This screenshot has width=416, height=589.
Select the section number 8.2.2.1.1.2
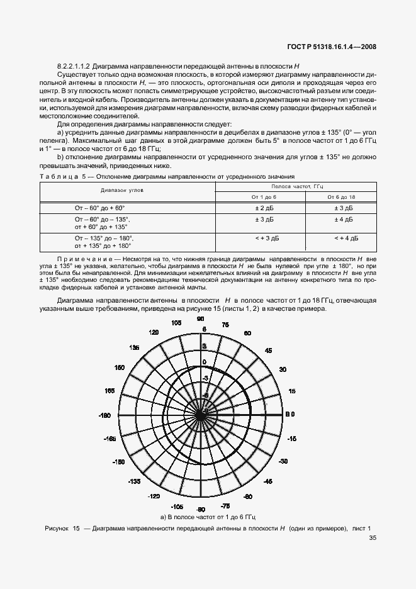click(77, 65)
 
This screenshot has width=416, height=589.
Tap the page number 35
click(373, 537)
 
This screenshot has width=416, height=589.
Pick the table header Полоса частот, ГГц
click(296, 187)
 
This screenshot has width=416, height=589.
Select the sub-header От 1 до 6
click(260, 197)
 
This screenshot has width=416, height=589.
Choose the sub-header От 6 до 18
click(340, 197)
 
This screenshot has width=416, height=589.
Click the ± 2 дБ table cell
click(260, 207)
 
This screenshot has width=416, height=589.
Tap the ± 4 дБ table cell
click(340, 220)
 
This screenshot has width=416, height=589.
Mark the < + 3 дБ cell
click(260, 238)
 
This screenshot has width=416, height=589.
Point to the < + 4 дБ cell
click(340, 238)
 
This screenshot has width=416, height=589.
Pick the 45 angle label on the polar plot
click(267, 351)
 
